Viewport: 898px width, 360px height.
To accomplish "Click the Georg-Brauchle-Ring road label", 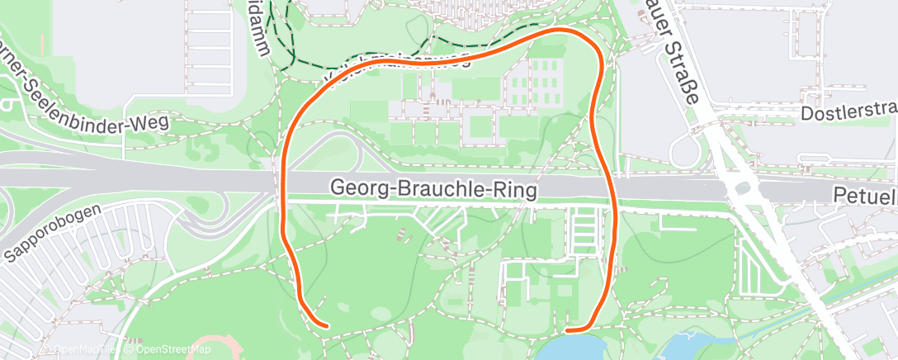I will (433, 189).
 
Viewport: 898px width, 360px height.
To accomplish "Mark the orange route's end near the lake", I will (570, 331).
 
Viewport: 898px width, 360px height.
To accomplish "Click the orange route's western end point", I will (328, 326).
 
